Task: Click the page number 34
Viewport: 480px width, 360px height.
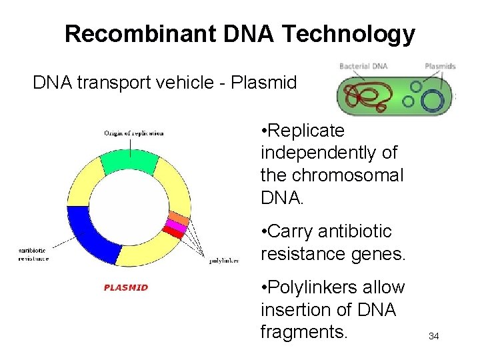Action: pyautogui.click(x=433, y=336)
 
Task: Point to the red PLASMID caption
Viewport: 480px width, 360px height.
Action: pyautogui.click(x=126, y=288)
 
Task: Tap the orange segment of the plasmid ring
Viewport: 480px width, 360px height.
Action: pyautogui.click(x=179, y=219)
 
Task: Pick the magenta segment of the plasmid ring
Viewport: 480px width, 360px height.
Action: pyautogui.click(x=177, y=227)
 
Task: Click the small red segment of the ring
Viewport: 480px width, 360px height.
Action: pyautogui.click(x=173, y=233)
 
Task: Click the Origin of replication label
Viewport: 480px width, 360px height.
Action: pyautogui.click(x=133, y=133)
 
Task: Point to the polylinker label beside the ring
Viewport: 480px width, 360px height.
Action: pyautogui.click(x=224, y=261)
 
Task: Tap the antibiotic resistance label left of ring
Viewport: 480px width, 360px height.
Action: pyautogui.click(x=33, y=254)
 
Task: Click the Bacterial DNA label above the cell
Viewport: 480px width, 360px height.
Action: pyautogui.click(x=363, y=66)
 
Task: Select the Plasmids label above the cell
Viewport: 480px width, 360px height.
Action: pyautogui.click(x=440, y=66)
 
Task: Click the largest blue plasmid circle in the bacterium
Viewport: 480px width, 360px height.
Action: pyautogui.click(x=433, y=101)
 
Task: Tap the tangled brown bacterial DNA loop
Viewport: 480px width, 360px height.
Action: pyautogui.click(x=373, y=97)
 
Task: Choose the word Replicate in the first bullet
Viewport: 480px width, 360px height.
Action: pyautogui.click(x=307, y=131)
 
